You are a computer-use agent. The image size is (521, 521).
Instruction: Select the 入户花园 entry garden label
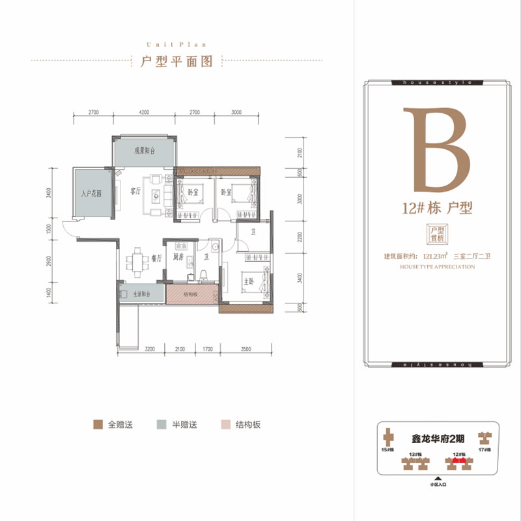(93, 193)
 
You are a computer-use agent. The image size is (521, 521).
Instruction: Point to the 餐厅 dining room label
(156, 258)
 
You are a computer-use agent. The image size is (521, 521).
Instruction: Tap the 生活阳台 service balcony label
(138, 294)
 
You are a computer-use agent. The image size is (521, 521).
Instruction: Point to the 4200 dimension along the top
(144, 113)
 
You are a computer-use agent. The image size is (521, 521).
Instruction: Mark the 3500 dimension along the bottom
(245, 350)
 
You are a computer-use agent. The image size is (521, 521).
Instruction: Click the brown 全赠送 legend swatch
(98, 425)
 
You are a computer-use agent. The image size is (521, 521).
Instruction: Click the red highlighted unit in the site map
(458, 462)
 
